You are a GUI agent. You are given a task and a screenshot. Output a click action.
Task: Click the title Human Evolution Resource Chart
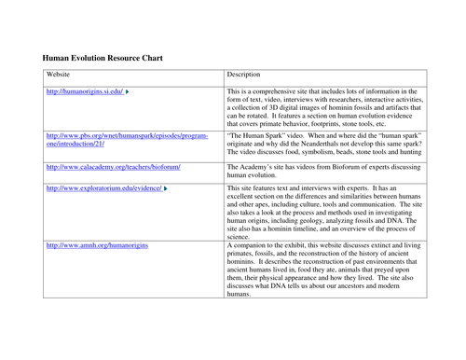point(103,58)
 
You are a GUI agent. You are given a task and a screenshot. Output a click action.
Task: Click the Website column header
point(59,75)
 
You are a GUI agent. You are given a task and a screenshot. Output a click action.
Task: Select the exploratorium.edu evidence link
point(104,188)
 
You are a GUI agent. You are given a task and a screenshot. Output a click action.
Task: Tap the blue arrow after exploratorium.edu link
point(167,188)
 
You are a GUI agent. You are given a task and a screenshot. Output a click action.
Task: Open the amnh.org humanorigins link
point(99,243)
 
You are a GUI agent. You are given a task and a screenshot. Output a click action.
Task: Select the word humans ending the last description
point(239,294)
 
